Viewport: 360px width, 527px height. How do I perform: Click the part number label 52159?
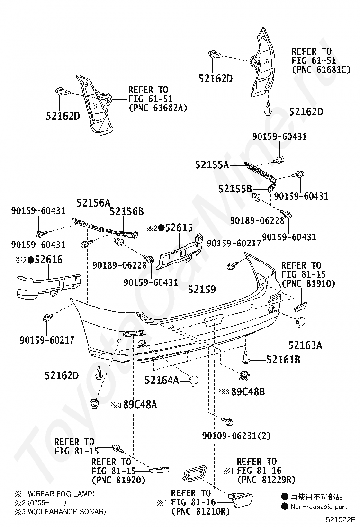202,290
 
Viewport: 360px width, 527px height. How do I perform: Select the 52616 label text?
46,260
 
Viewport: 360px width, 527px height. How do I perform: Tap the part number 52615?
176,228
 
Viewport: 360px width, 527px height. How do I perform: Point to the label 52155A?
212,165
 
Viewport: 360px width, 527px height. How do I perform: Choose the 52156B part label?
126,211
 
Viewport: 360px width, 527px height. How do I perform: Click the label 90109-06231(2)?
236,436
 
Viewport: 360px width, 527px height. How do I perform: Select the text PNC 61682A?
158,108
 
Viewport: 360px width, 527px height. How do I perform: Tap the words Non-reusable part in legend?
320,506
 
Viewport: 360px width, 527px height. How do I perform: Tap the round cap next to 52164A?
194,380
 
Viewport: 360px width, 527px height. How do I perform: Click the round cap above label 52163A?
300,323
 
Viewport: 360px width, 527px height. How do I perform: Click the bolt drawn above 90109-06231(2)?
228,421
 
